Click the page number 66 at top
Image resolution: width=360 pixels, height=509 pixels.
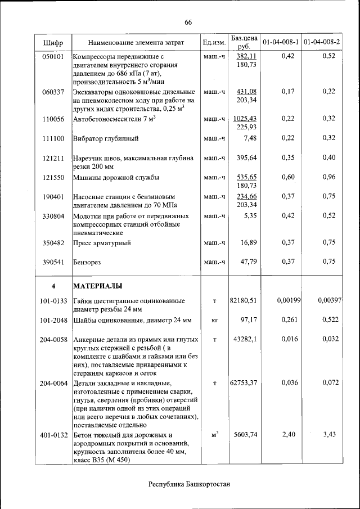[188, 22]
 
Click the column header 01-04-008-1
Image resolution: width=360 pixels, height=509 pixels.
[280, 42]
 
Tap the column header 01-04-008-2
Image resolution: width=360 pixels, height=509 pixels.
[321, 42]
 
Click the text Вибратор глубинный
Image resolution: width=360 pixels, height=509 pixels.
[106, 138]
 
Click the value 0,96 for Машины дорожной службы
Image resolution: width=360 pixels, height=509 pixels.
[329, 177]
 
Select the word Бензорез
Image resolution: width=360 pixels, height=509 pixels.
[88, 262]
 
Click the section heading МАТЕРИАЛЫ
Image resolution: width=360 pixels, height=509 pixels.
[98, 286]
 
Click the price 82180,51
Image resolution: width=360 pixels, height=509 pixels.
[243, 301]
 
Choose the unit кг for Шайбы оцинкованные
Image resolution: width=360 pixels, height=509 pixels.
[214, 320]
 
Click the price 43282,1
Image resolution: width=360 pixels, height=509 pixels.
[245, 340]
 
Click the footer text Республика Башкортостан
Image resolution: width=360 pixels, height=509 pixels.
[189, 484]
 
